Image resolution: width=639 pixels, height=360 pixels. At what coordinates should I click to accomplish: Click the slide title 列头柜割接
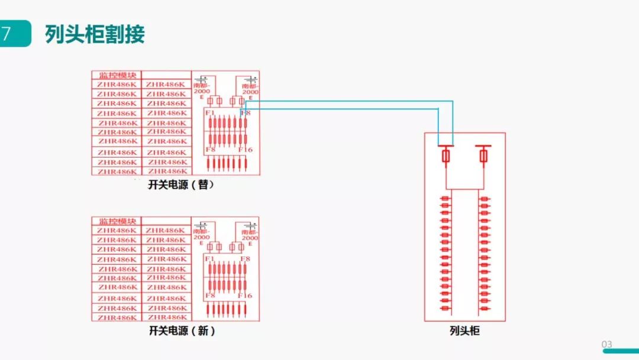[x=95, y=34]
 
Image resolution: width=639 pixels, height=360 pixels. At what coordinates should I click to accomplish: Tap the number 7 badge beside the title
[x=7, y=34]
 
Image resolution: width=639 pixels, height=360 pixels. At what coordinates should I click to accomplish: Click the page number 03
[x=606, y=345]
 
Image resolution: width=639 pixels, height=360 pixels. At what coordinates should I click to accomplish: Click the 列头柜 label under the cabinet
[x=464, y=331]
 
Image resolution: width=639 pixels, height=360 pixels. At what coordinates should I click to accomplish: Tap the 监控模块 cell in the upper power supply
[x=117, y=75]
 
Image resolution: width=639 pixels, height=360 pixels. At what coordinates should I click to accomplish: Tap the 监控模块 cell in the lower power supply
[x=117, y=221]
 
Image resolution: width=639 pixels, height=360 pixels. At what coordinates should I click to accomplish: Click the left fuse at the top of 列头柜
[x=446, y=156]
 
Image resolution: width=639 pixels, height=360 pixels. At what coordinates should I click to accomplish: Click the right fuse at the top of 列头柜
[x=483, y=156]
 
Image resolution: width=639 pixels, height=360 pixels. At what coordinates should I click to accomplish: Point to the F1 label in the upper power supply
[x=209, y=112]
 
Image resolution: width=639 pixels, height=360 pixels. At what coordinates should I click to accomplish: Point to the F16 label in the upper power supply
[x=246, y=150]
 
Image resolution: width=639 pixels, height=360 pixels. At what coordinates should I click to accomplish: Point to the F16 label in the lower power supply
[x=246, y=295]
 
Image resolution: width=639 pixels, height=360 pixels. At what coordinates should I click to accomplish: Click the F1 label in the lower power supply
[x=209, y=259]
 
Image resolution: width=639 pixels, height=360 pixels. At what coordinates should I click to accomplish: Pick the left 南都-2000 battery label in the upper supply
[x=202, y=89]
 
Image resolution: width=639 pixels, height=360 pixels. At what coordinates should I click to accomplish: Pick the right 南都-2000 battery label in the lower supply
[x=250, y=235]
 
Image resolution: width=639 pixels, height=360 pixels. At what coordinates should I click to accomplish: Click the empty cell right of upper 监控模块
[x=166, y=75]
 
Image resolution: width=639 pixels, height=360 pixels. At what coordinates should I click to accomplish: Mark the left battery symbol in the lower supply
[x=202, y=226]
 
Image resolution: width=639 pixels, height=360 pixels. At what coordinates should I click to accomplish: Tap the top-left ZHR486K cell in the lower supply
[x=117, y=230]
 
